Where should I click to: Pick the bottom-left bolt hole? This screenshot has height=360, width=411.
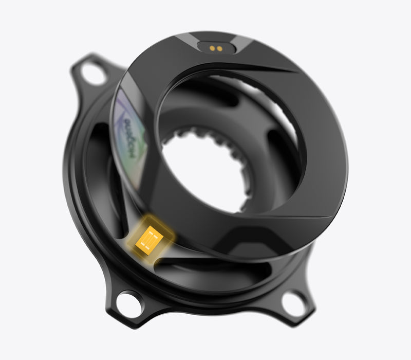128,303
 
